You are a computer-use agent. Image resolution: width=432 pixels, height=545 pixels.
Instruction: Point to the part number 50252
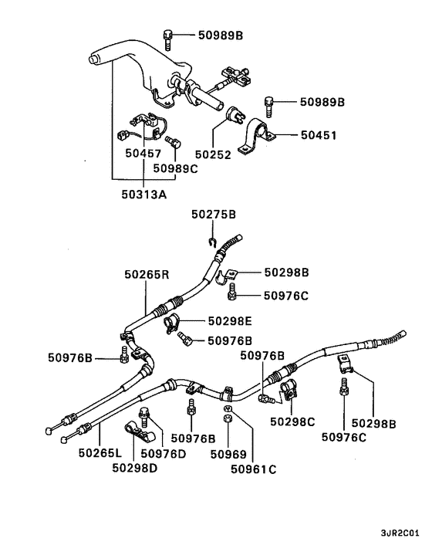(212, 154)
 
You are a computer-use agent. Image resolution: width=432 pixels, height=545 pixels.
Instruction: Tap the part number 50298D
(137, 466)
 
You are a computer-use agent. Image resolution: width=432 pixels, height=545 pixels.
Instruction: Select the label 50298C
(292, 421)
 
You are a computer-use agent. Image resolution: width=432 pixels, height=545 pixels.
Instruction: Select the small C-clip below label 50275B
(211, 245)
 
